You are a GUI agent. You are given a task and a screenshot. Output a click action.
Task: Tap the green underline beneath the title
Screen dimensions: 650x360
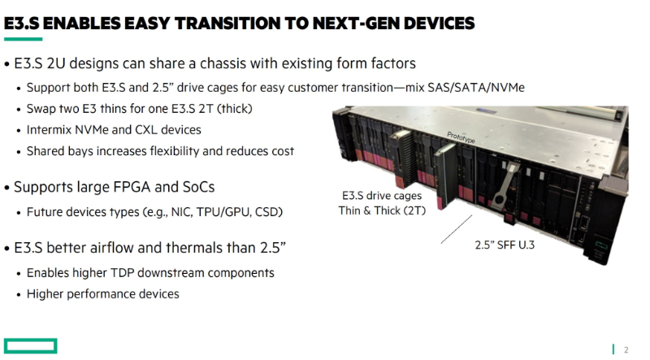point(24,39)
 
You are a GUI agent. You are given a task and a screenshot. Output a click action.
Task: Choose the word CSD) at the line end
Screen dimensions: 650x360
point(269,212)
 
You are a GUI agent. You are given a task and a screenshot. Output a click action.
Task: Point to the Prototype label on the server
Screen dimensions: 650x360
point(461,137)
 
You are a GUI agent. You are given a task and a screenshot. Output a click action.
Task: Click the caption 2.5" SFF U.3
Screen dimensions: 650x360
point(505,245)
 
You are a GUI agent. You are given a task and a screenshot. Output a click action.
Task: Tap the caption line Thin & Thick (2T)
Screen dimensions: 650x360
point(382,210)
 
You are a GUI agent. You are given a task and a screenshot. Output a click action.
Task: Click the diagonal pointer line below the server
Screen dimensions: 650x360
point(457,229)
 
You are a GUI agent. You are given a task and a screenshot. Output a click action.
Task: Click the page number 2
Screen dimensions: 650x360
point(626,350)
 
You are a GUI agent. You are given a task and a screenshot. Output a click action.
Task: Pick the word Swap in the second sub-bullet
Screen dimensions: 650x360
point(40,109)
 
